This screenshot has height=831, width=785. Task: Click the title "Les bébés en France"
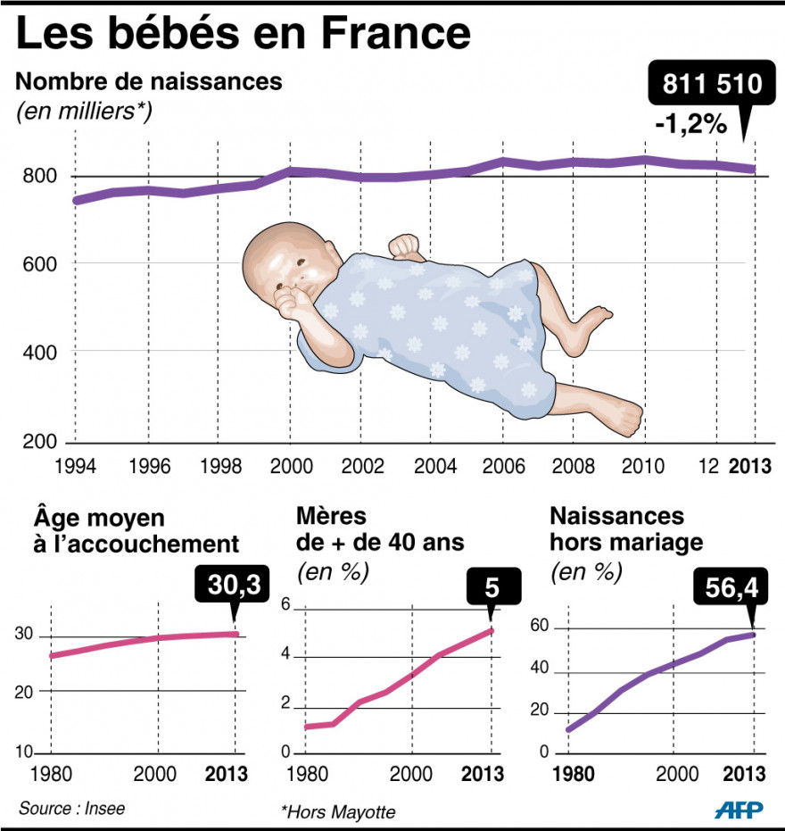[243, 35]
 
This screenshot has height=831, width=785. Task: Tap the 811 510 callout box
[711, 86]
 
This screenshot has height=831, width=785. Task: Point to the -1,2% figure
[690, 125]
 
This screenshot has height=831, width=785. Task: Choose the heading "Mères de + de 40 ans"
[380, 528]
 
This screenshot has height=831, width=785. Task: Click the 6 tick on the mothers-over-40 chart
[287, 606]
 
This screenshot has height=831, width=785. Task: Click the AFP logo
[738, 809]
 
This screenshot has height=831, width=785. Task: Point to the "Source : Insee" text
[71, 809]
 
